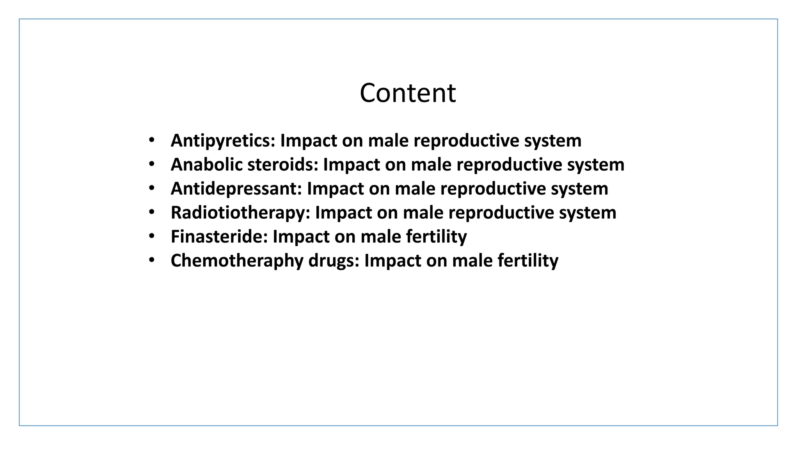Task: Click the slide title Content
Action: (x=407, y=93)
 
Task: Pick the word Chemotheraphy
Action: (x=237, y=261)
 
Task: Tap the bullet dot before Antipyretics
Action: (x=152, y=140)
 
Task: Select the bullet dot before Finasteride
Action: (x=152, y=236)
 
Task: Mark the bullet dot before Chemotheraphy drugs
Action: (x=152, y=260)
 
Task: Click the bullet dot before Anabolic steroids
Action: (x=152, y=164)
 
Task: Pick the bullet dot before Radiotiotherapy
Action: (x=152, y=212)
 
